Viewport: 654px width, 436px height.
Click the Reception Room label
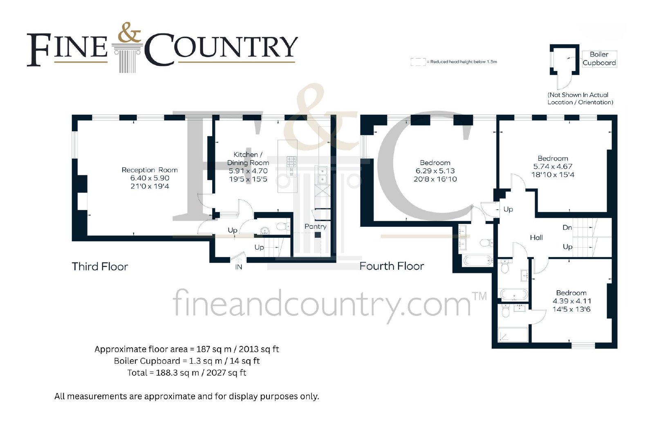point(150,170)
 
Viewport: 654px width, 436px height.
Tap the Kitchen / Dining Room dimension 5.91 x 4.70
point(248,171)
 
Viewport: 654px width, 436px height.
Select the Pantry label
point(315,226)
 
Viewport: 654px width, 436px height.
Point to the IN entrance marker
point(239,267)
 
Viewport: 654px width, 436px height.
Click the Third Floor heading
point(100,266)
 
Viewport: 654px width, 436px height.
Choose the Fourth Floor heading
point(392,266)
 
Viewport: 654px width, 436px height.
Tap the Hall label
point(536,237)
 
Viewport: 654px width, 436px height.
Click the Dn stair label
point(567,227)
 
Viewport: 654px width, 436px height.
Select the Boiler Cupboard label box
point(599,59)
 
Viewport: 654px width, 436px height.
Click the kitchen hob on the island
point(291,166)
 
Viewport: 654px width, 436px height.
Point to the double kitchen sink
point(323,175)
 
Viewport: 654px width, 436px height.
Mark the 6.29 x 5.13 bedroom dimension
point(435,171)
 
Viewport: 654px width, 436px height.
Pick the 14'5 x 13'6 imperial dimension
point(571,309)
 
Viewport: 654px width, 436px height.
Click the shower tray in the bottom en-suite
point(513,334)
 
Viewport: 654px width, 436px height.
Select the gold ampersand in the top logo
point(129,32)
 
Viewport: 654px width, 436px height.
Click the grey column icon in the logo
point(128,58)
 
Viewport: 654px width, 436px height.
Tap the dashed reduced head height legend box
point(418,62)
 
